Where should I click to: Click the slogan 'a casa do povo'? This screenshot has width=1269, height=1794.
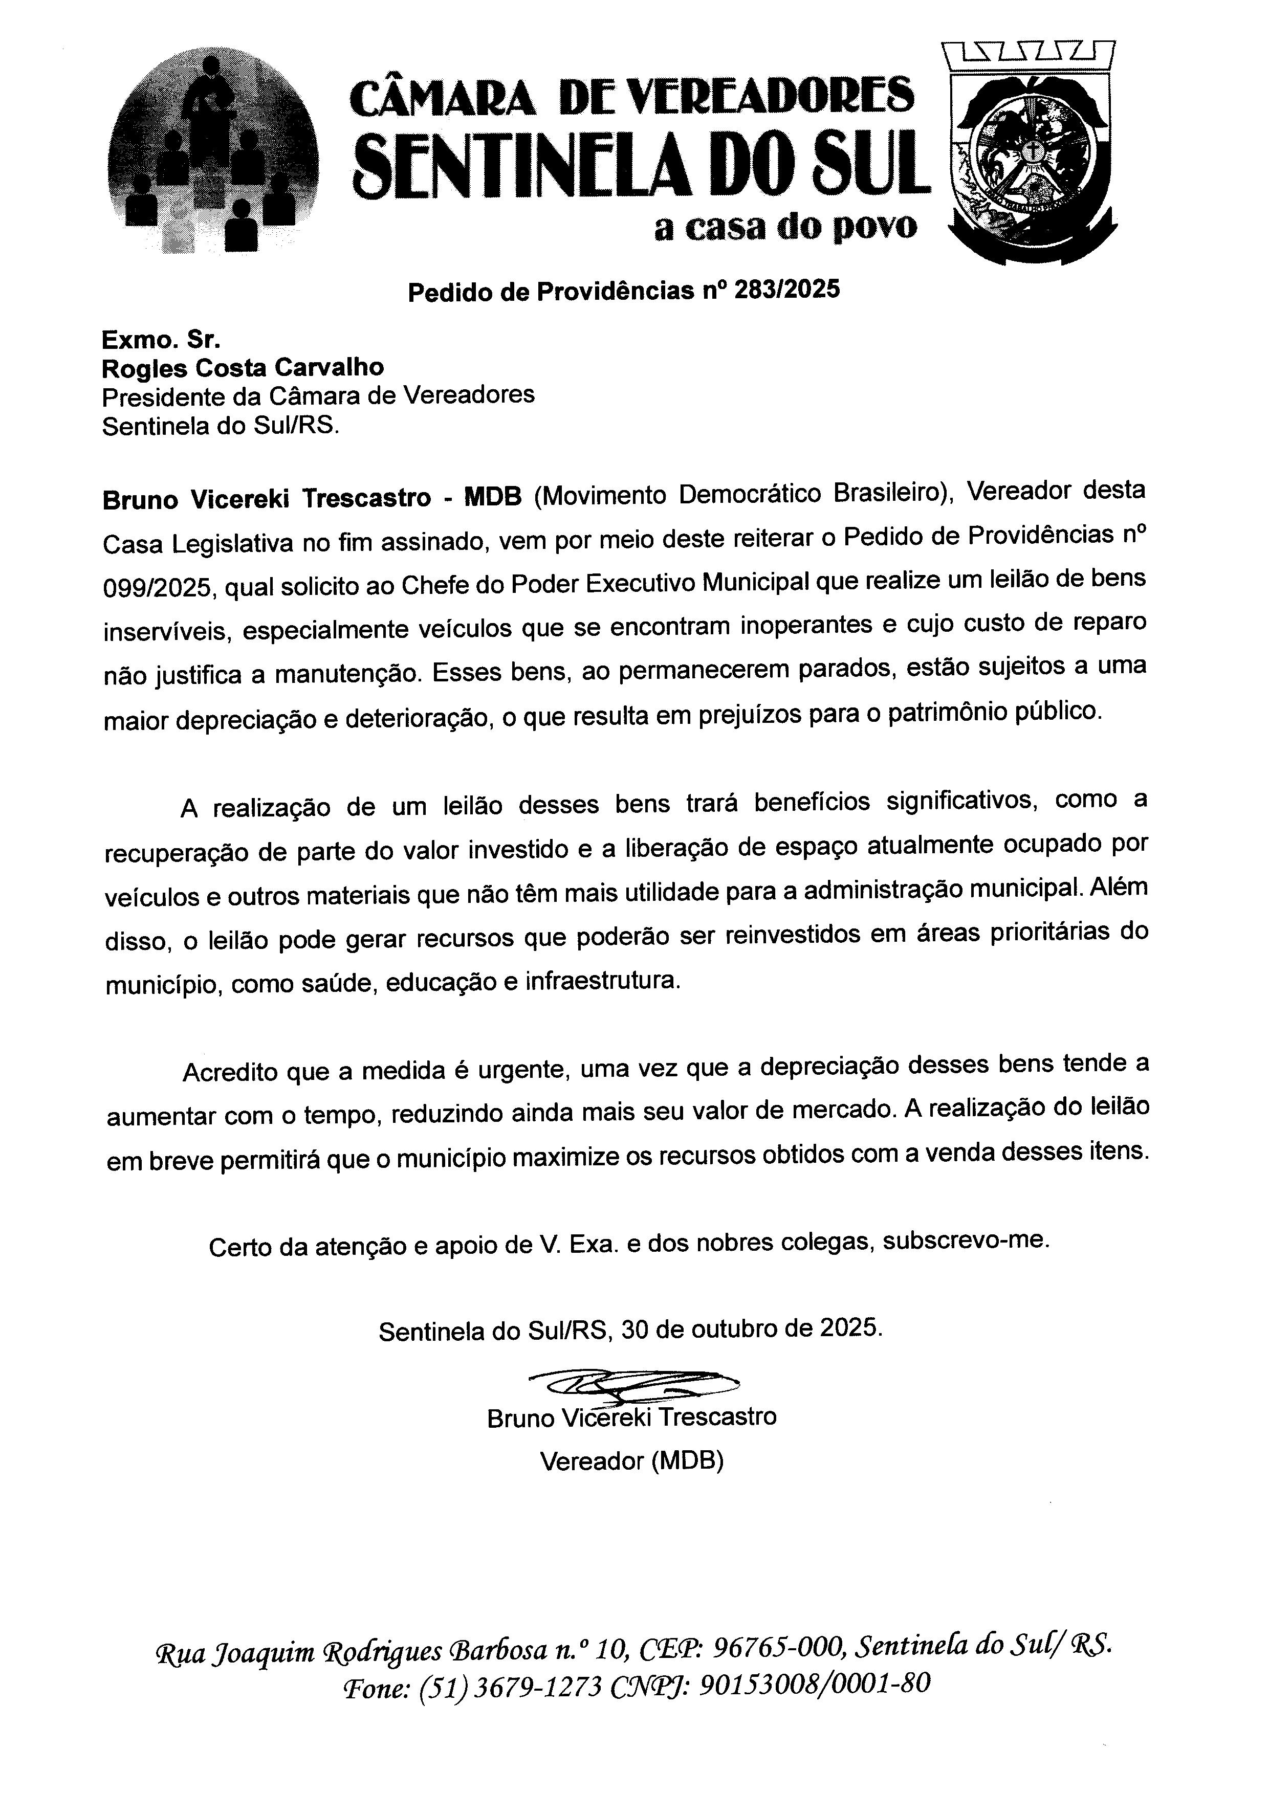pos(785,227)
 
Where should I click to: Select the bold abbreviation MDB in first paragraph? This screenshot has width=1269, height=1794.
pos(492,498)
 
